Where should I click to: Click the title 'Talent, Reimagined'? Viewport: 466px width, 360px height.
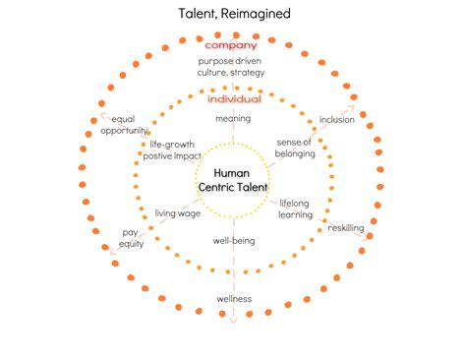pyautogui.click(x=233, y=14)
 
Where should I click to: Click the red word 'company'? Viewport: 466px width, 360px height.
pyautogui.click(x=231, y=44)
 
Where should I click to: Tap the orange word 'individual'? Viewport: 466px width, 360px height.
pyautogui.click(x=234, y=99)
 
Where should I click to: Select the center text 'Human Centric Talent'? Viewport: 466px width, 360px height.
pyautogui.click(x=233, y=179)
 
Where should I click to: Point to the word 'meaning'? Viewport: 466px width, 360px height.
pyautogui.click(x=233, y=119)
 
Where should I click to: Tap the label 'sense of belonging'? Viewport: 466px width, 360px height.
pyautogui.click(x=294, y=149)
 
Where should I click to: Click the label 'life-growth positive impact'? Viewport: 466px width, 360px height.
pyautogui.click(x=173, y=150)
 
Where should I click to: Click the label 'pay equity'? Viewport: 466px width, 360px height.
pyautogui.click(x=132, y=237)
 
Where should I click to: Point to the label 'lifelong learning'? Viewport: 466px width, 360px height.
pyautogui.click(x=296, y=209)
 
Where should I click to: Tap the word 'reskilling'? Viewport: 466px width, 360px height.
pyautogui.click(x=345, y=227)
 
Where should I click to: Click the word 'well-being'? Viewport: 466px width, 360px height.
pyautogui.click(x=233, y=239)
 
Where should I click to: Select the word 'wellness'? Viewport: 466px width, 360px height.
pyautogui.click(x=234, y=298)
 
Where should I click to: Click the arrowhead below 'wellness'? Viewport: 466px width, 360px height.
pyautogui.click(x=234, y=320)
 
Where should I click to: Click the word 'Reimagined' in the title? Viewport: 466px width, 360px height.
pyautogui.click(x=259, y=14)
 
